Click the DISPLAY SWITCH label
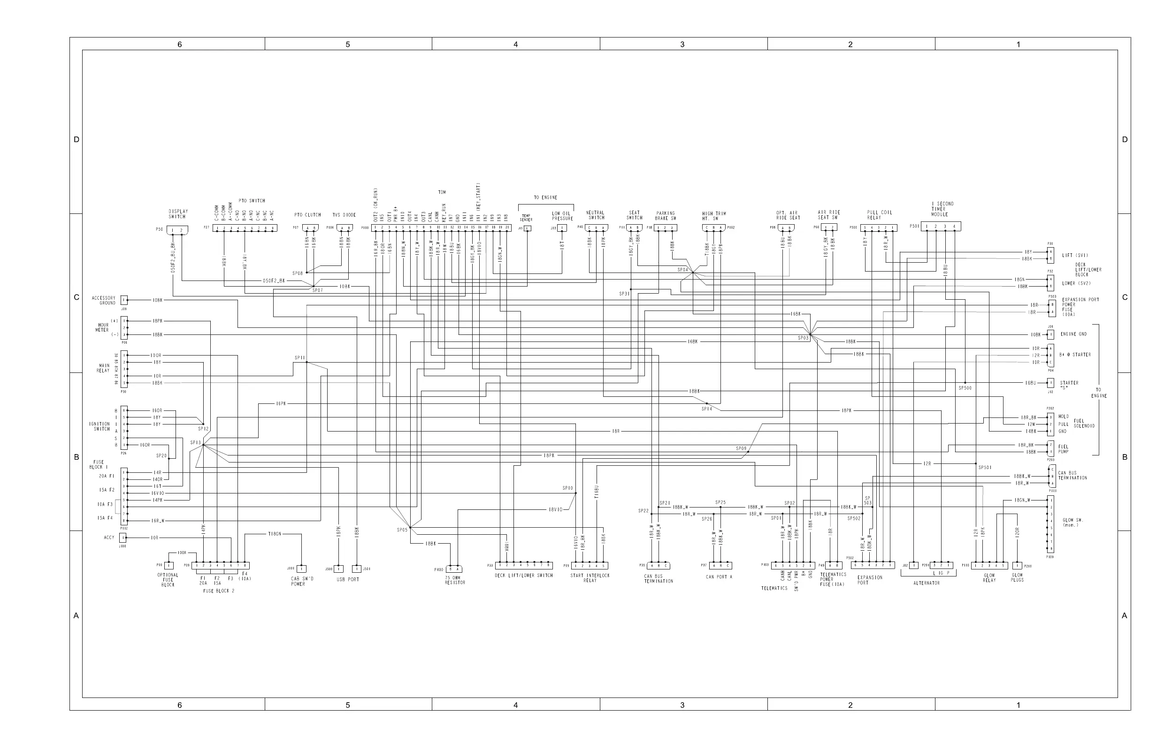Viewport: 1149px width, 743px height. tap(178, 214)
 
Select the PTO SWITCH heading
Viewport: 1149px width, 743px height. tap(252, 201)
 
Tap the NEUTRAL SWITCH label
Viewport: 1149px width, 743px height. tap(596, 215)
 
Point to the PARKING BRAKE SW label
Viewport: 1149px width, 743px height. tap(665, 216)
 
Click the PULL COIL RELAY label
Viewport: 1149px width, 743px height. tap(880, 215)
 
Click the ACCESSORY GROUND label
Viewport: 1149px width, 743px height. tap(104, 301)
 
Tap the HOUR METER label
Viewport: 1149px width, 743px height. tap(102, 327)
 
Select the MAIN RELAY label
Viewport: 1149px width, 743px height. tap(103, 368)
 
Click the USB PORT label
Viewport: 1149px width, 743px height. tap(348, 579)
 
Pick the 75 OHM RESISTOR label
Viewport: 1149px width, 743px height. tap(455, 580)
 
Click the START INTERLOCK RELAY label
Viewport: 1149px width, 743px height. tap(590, 578)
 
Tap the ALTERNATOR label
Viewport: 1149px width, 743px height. tap(927, 584)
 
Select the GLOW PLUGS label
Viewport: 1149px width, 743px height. tap(1017, 577)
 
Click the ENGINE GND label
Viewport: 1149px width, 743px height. tap(1074, 334)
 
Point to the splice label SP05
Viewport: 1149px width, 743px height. tap(402, 530)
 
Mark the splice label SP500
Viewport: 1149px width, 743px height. tap(965, 388)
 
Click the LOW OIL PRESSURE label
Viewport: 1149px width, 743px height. tap(562, 216)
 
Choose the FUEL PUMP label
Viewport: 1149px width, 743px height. tap(1063, 449)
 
